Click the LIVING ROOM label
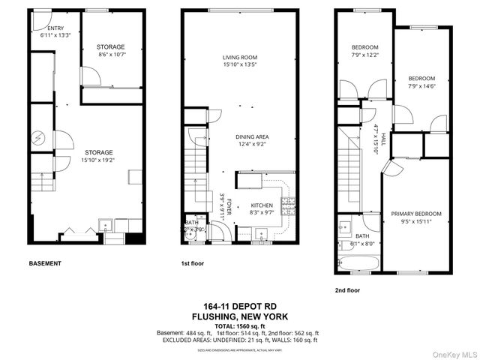pyautogui.click(x=240, y=61)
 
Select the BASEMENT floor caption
pyautogui.click(x=44, y=264)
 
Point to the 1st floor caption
pyautogui.click(x=193, y=264)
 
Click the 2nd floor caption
pyautogui.click(x=347, y=289)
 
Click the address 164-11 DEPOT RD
pyautogui.click(x=240, y=305)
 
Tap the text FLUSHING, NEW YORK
pyautogui.click(x=240, y=316)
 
